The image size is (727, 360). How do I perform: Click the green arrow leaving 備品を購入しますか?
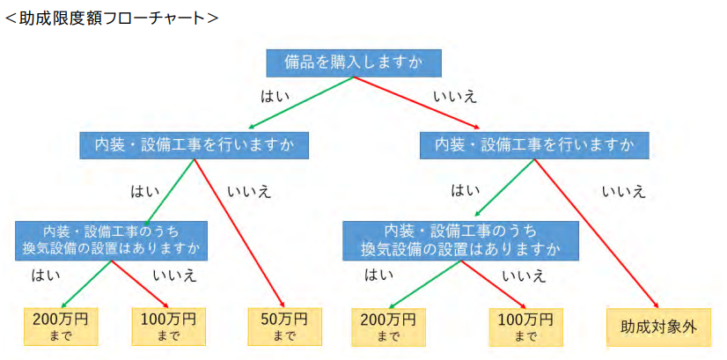[x=299, y=103]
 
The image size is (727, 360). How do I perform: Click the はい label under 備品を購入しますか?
[x=275, y=92]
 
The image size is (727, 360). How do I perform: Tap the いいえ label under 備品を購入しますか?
[x=455, y=92]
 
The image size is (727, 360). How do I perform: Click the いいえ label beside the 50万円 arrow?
[x=249, y=190]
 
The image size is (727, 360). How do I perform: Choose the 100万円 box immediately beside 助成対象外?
[x=525, y=326]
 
